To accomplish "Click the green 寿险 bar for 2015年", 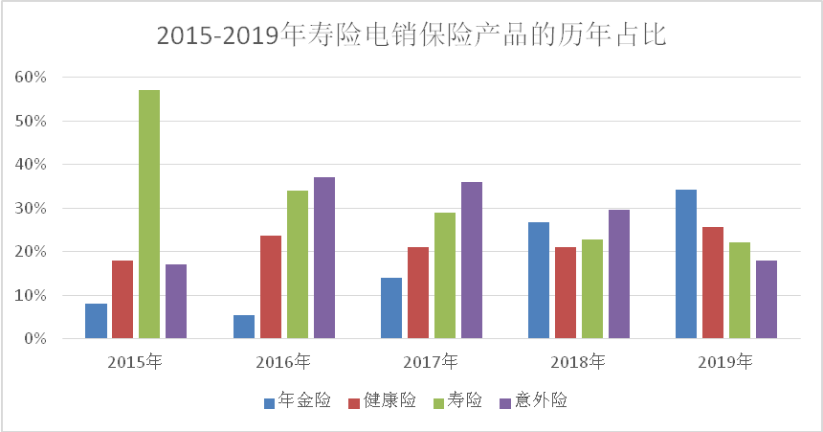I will [x=149, y=214].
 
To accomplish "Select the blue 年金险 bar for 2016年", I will [x=244, y=327].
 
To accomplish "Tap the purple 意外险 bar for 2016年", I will [x=324, y=258].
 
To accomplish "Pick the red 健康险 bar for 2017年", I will [x=418, y=292].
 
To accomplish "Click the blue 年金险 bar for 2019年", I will [x=686, y=264].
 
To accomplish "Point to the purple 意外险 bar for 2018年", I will [x=619, y=274].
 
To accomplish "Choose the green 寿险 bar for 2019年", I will [x=740, y=290].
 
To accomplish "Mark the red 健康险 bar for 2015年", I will [x=122, y=299].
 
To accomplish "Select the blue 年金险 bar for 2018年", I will [x=539, y=280].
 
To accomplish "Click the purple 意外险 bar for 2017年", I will [x=472, y=260].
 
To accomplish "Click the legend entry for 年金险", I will [x=297, y=400].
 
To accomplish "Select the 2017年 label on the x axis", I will [x=431, y=362].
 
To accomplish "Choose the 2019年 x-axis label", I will [x=725, y=362].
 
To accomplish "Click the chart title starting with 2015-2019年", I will [x=411, y=35].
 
